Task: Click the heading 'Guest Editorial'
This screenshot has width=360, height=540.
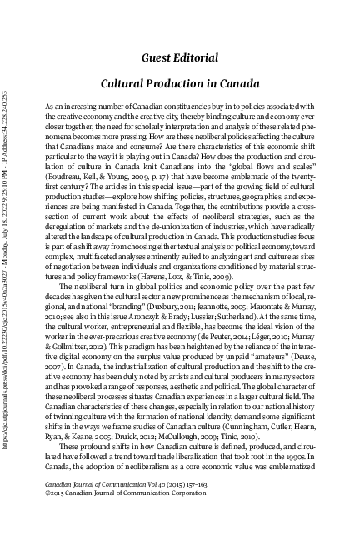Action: [x=180, y=57]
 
